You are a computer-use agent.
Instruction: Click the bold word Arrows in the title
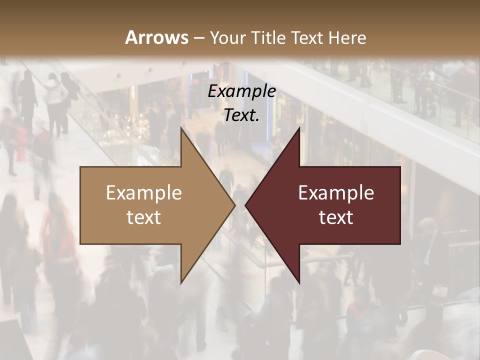156,37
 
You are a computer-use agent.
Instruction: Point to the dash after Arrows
198,38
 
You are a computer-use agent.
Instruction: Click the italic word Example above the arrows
241,91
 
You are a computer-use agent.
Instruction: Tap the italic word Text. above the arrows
241,115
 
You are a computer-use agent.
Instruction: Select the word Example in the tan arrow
144,192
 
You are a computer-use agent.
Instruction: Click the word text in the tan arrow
144,217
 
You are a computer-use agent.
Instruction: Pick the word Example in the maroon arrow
336,192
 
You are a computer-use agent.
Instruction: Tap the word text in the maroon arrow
336,217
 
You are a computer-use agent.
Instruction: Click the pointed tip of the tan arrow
234,205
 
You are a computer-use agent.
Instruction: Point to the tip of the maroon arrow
246,205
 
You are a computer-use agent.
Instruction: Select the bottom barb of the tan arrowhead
181,281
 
